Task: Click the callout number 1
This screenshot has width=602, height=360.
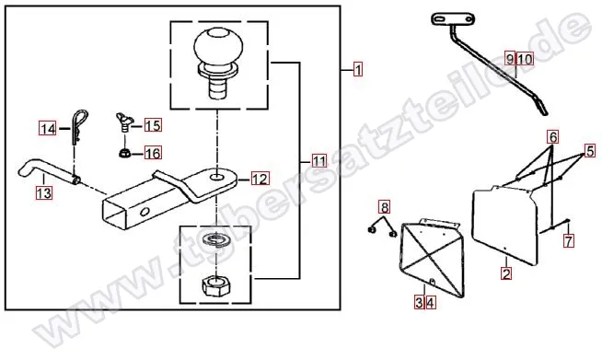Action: [358, 70]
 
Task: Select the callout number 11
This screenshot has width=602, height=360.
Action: [319, 160]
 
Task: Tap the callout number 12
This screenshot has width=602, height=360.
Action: [260, 179]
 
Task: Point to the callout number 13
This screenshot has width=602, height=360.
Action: [44, 192]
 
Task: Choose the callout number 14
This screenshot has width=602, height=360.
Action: [48, 128]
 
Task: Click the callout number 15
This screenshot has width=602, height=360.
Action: [153, 125]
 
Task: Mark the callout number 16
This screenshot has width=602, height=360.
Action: [153, 153]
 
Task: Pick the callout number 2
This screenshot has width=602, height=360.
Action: [506, 273]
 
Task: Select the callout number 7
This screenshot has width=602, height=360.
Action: [569, 240]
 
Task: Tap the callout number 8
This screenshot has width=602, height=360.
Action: [385, 207]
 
